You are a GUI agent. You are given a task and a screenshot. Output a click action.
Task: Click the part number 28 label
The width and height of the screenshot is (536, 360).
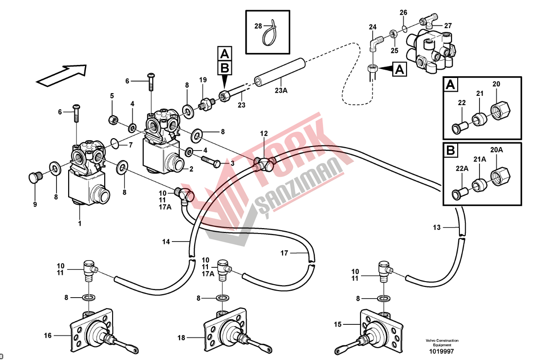258,26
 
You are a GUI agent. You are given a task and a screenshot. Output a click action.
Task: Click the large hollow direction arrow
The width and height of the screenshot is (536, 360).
61,74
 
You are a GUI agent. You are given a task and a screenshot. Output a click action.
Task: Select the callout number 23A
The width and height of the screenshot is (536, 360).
281,90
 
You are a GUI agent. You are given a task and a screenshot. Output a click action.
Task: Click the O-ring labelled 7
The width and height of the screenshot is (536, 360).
114,143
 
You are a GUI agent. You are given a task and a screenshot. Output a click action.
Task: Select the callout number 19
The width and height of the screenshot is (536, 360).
203,80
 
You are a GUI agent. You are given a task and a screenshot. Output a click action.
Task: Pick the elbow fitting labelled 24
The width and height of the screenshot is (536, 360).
375,43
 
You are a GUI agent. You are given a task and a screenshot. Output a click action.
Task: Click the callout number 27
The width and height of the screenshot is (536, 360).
448,25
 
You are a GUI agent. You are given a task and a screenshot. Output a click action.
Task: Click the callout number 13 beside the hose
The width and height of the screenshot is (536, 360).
437,228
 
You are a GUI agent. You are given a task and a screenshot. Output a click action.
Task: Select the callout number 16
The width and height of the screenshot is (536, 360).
48,335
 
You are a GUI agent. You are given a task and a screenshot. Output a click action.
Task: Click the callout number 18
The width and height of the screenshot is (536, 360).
181,338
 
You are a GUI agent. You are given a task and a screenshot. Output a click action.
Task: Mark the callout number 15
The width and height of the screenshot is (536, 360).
337,325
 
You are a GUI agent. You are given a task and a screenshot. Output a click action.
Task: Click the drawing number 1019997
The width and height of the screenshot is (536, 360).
442,352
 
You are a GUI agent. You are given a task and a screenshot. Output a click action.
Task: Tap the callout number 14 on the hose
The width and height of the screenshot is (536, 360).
166,242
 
